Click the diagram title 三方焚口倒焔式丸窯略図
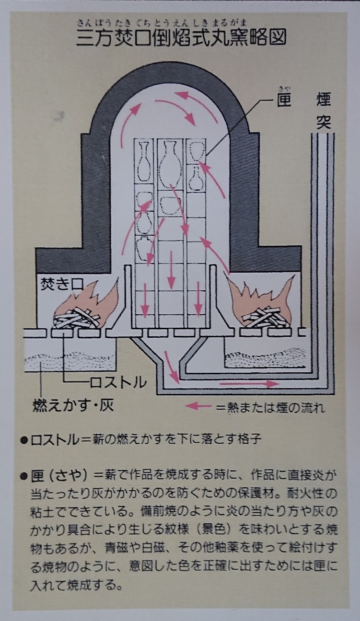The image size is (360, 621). pos(181,37)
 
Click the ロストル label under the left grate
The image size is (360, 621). pos(118,382)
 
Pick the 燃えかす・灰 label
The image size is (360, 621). pos(73,405)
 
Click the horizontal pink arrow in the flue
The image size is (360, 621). pos(249,384)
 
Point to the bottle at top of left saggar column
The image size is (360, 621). pos(144,161)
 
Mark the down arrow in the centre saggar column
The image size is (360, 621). pos(172,269)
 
